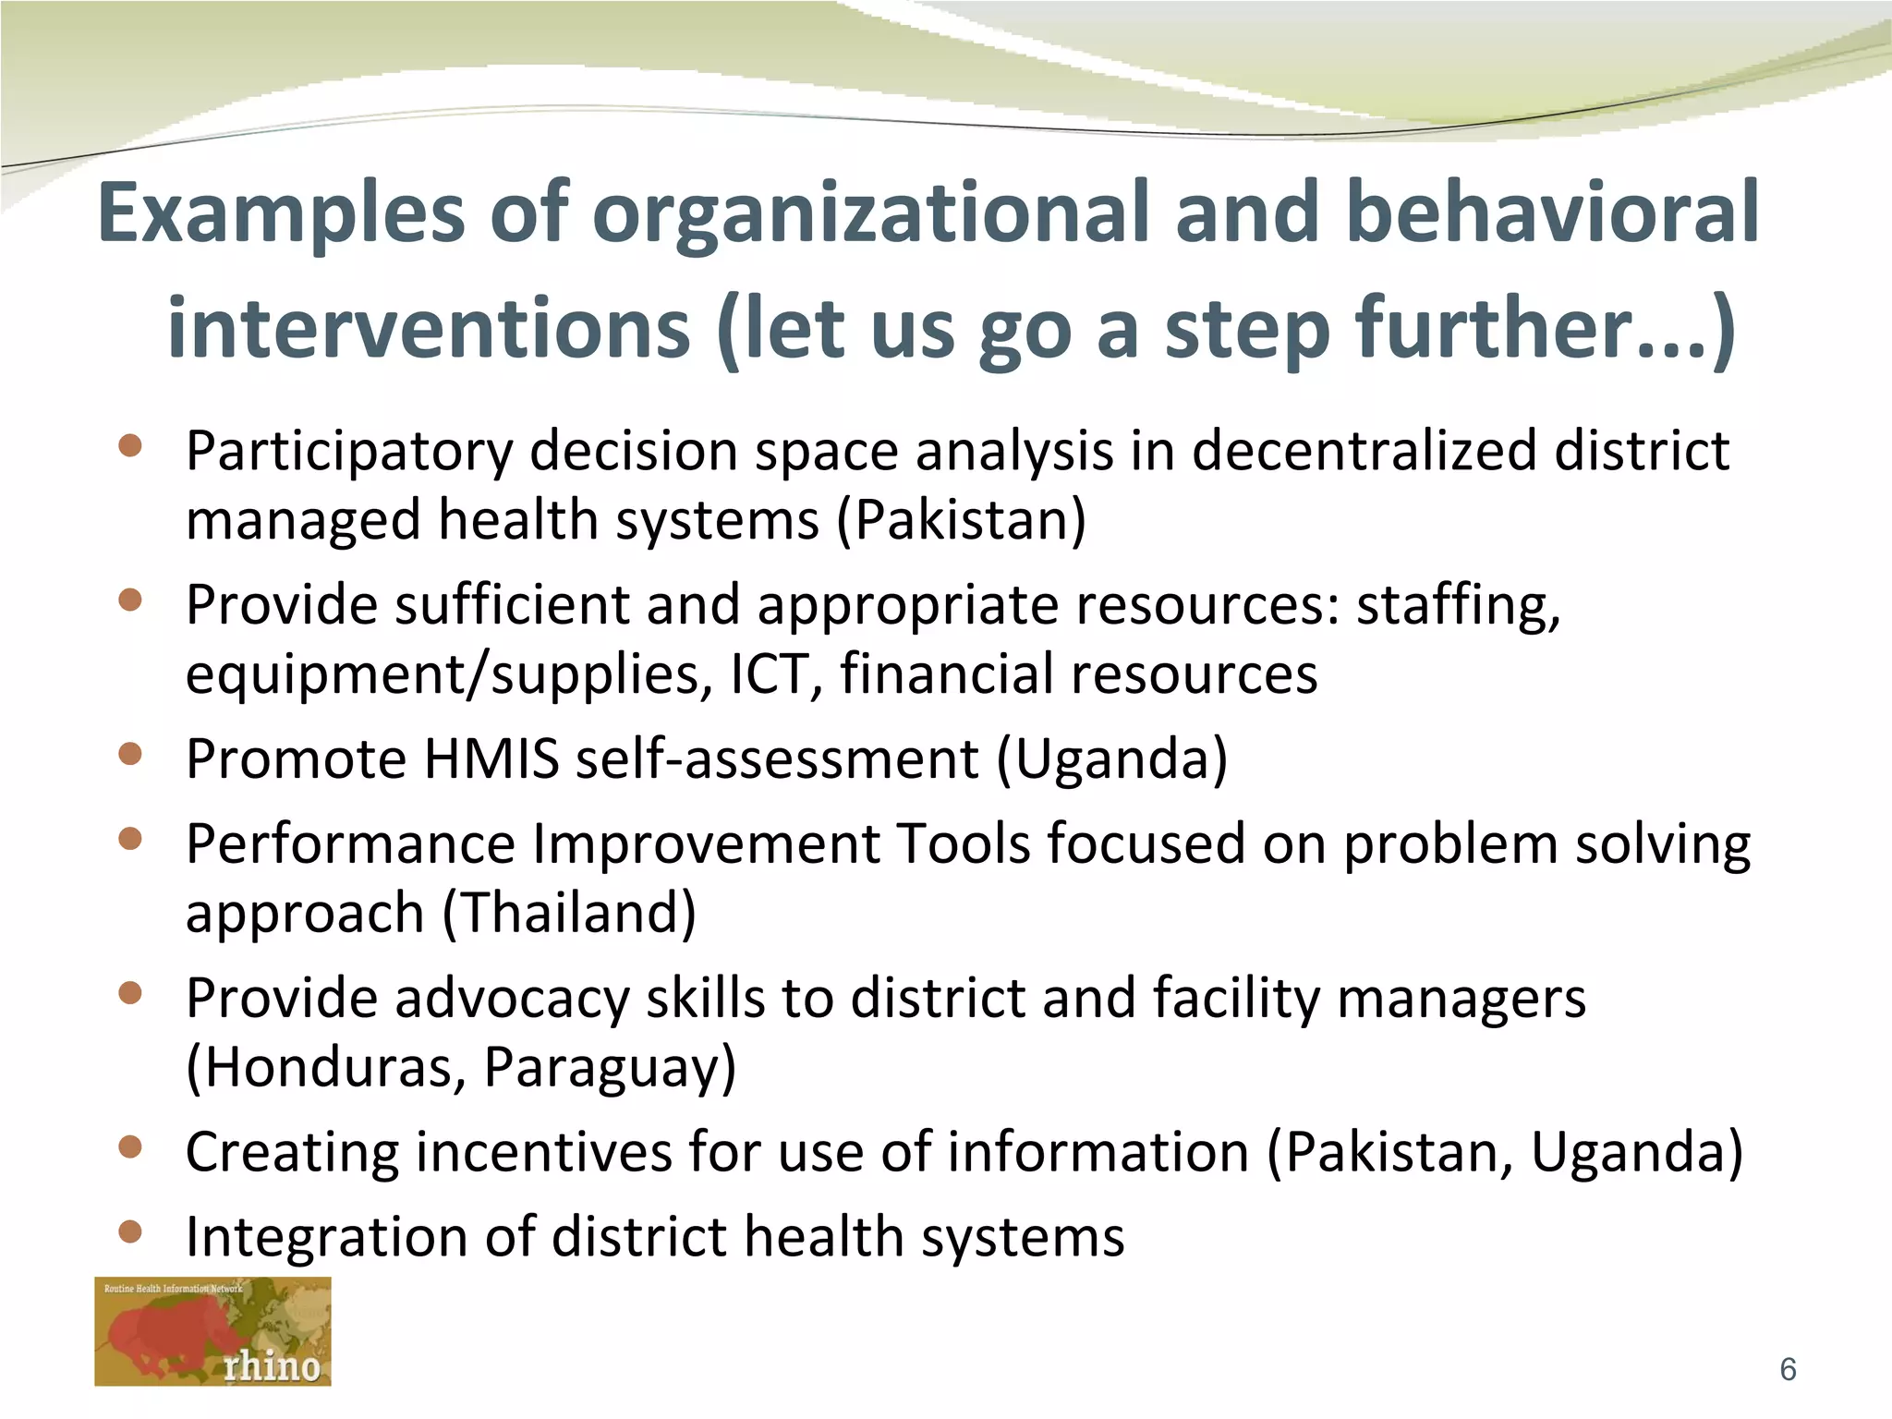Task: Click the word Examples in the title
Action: click(x=281, y=214)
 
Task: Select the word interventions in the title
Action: click(x=429, y=329)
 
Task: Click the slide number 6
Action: click(x=1788, y=1369)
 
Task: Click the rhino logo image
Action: click(x=212, y=1331)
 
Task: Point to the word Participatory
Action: click(x=348, y=453)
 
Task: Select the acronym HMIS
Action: click(x=491, y=759)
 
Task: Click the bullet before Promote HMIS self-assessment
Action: click(x=130, y=755)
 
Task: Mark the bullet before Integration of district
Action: click(x=130, y=1231)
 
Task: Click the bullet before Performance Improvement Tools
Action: click(x=130, y=839)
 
